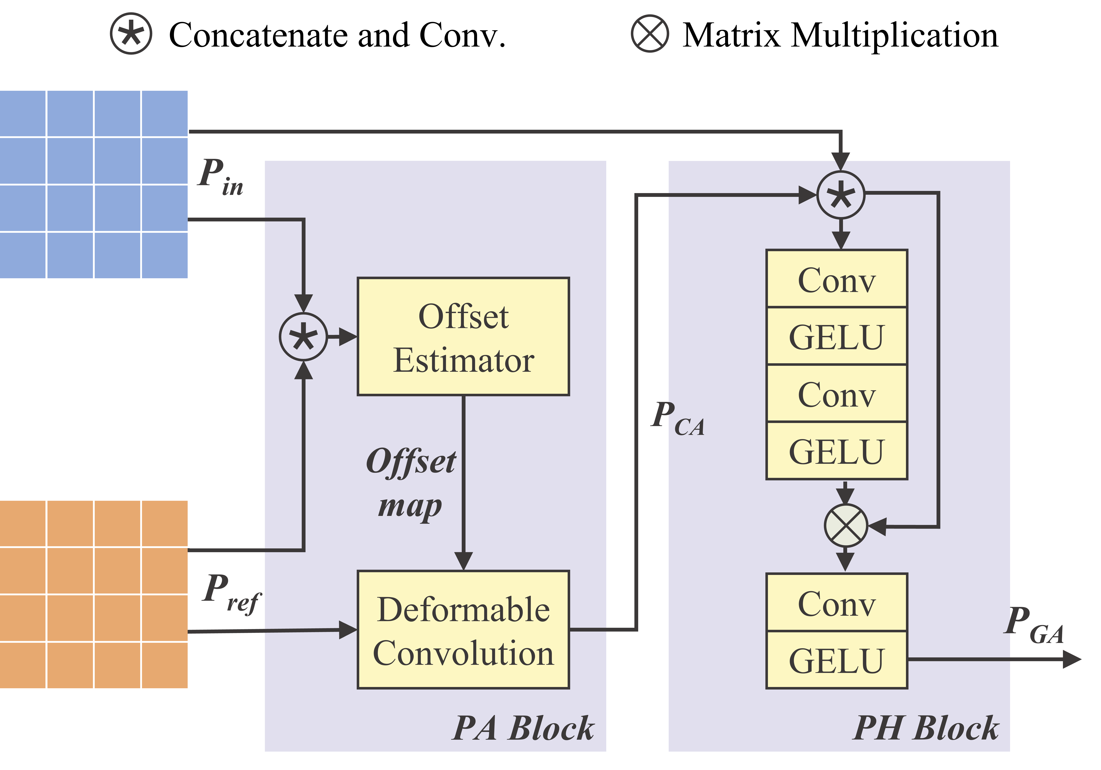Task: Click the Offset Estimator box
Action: tap(463, 337)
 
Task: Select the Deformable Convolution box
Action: tap(463, 630)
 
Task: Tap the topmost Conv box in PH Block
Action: tap(837, 279)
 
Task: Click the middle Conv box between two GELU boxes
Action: tap(837, 394)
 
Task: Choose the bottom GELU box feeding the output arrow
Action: tap(837, 660)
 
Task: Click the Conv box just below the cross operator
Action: tap(837, 603)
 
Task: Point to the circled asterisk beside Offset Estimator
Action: tap(303, 337)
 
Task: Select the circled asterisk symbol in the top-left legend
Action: tap(131, 34)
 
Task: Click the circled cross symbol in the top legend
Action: tap(650, 34)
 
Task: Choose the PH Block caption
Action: tap(925, 728)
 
